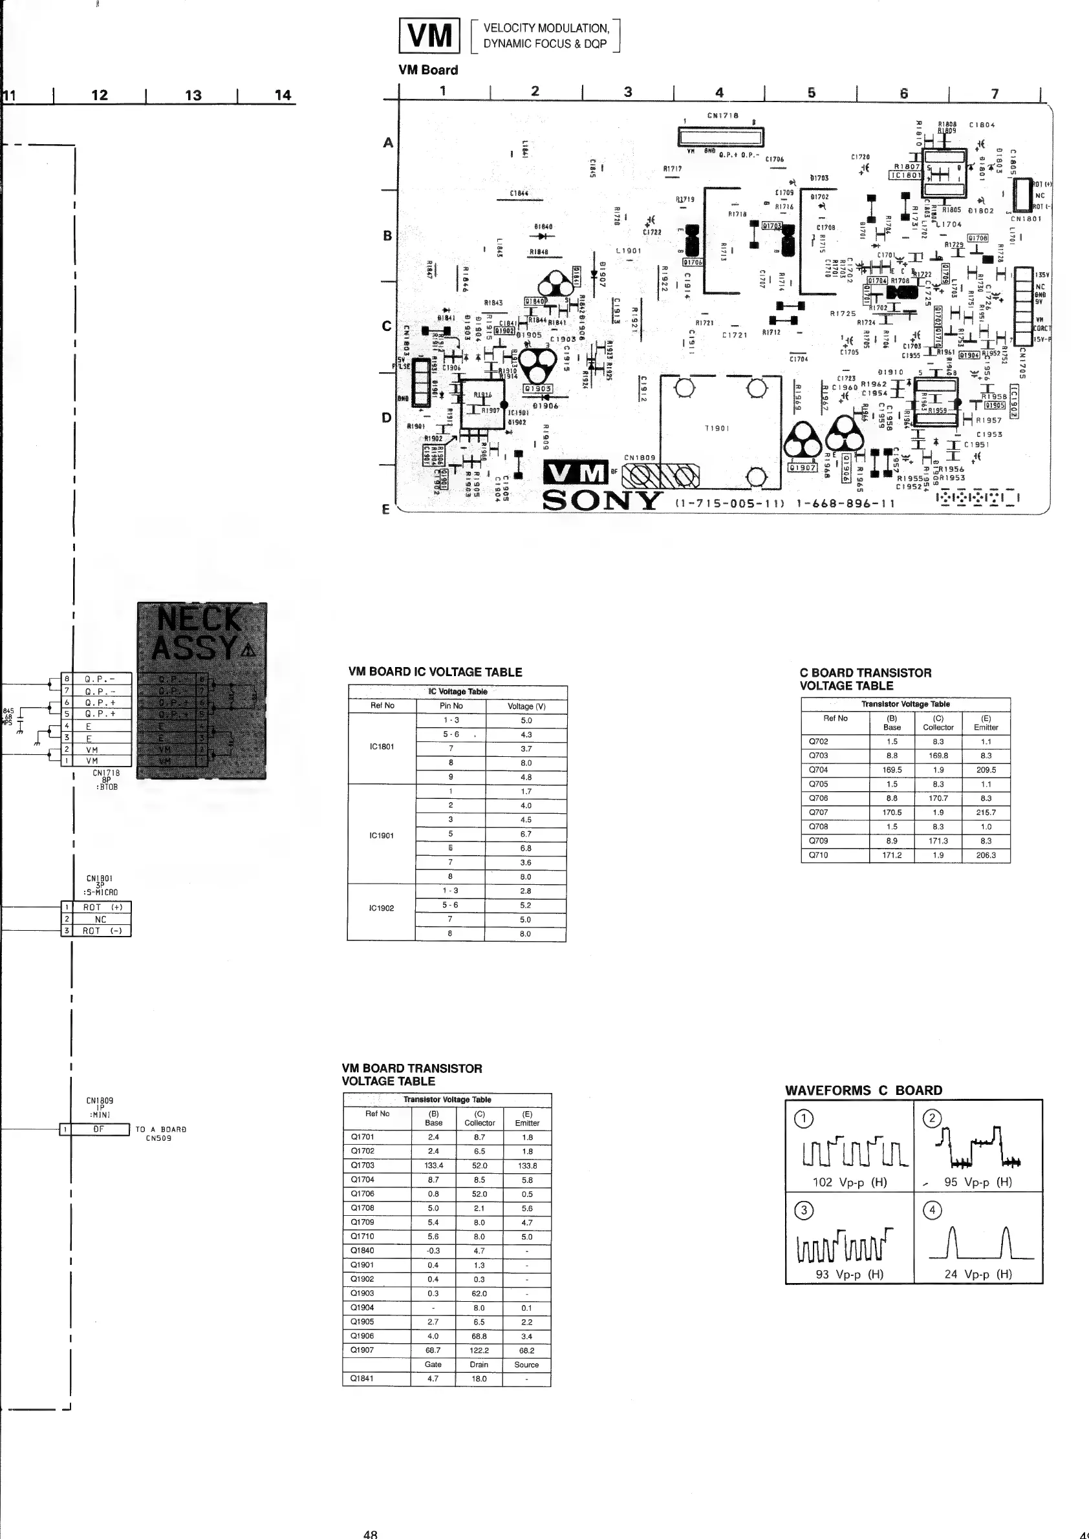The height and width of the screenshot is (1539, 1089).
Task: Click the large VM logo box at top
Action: [429, 36]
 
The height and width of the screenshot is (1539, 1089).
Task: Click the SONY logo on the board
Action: [601, 501]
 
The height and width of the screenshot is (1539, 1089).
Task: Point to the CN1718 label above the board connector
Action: [723, 115]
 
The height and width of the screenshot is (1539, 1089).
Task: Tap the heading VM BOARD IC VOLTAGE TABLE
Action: [435, 672]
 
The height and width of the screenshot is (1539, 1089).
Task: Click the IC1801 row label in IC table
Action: [382, 747]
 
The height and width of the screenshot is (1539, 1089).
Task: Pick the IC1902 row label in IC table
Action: [382, 908]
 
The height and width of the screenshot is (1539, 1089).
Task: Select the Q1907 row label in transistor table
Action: [363, 1350]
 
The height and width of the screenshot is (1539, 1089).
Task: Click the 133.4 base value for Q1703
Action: [433, 1165]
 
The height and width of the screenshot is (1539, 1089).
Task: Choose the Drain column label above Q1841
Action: [479, 1364]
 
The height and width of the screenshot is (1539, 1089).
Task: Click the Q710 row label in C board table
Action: [818, 855]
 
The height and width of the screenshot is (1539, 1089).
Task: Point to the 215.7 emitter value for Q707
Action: [986, 812]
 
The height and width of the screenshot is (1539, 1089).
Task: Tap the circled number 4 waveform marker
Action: [932, 1210]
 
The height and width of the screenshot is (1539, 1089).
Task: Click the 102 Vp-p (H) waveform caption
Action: [850, 1182]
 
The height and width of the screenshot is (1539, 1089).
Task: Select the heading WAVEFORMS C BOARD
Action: [864, 1090]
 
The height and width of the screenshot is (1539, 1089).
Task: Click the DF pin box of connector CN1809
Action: [99, 1129]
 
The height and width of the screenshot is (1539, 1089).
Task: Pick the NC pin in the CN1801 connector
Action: [101, 920]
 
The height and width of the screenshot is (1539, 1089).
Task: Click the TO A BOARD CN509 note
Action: [160, 1134]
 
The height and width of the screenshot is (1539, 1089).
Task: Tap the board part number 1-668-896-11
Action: [846, 504]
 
